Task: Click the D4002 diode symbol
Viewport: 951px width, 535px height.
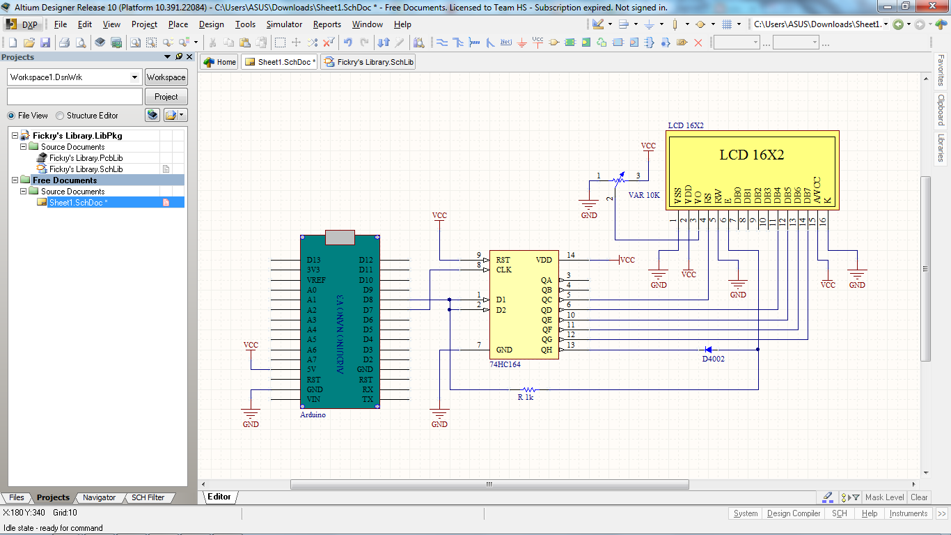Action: pos(708,350)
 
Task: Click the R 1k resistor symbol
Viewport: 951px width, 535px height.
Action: pos(529,389)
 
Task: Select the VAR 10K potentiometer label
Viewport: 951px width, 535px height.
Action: pos(643,196)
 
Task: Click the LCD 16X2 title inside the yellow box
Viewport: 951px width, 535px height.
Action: pos(751,155)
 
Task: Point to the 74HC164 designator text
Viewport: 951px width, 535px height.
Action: pos(505,364)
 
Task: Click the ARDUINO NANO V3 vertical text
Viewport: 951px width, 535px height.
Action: pos(340,334)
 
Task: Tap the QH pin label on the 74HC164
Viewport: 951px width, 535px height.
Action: pos(547,350)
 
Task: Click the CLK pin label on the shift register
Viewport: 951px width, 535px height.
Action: pos(504,270)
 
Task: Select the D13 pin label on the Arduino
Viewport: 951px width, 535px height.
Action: pos(314,260)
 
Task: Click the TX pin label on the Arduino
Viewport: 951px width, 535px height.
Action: pos(367,400)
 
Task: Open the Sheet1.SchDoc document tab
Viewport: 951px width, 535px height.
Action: pos(281,62)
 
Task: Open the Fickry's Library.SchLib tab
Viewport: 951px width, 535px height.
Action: pos(370,62)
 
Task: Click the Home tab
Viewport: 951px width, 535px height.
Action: pos(220,62)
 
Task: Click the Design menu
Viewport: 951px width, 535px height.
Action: pos(211,24)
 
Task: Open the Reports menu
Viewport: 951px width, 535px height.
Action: pos(327,24)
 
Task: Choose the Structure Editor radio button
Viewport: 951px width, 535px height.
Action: pos(60,116)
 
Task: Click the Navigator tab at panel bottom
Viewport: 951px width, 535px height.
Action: pos(99,497)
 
